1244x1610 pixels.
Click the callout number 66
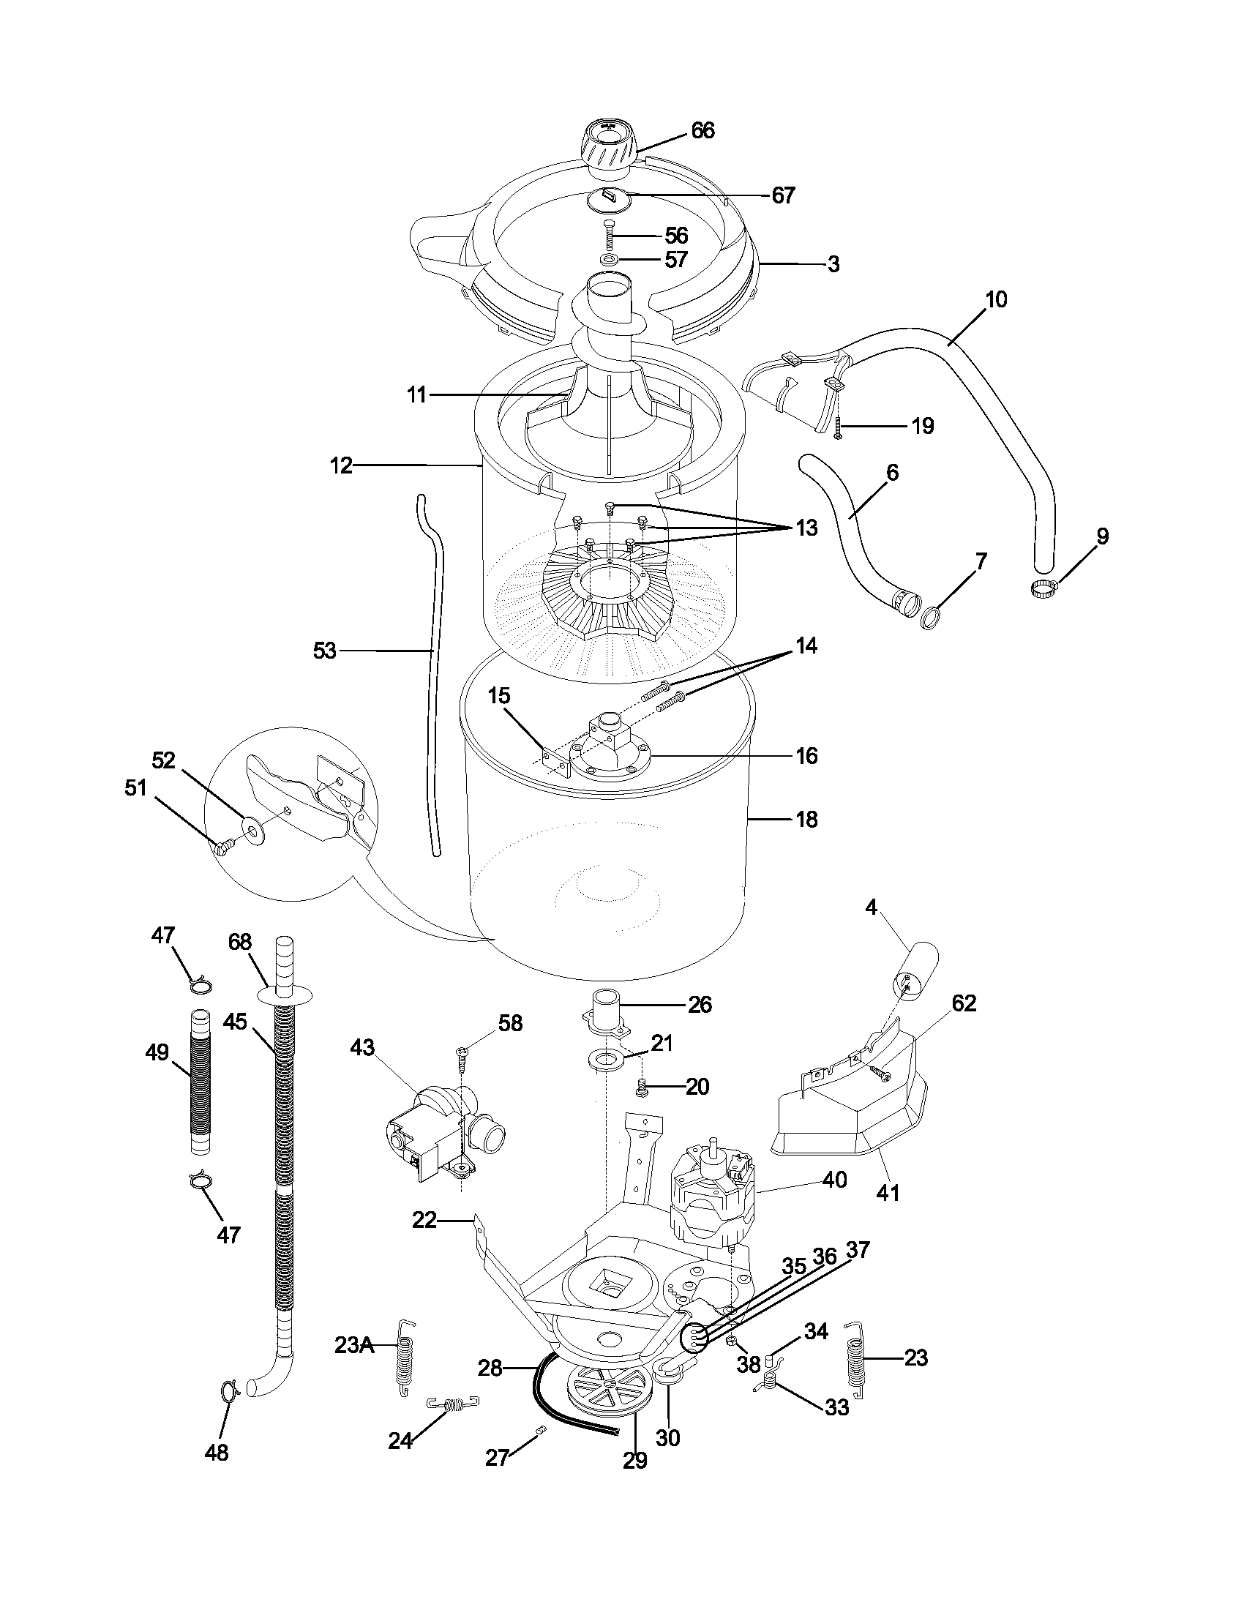pos(702,131)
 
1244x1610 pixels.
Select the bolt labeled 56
pos(609,236)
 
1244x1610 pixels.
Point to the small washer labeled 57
pos(610,261)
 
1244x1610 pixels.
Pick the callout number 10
pos(995,300)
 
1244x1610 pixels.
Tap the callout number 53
pos(324,651)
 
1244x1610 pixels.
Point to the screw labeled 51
pos(223,847)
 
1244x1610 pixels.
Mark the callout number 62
pos(963,1003)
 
